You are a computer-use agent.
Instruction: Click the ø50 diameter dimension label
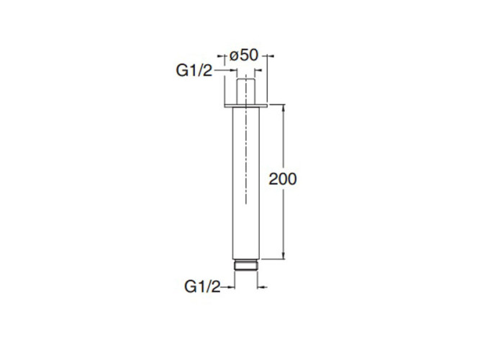244,55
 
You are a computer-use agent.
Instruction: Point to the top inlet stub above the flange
246,89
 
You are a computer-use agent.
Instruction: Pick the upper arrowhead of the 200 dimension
284,107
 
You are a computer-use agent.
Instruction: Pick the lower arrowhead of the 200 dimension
284,256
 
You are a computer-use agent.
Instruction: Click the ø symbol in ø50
233,55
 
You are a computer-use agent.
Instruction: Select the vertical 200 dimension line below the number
284,223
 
